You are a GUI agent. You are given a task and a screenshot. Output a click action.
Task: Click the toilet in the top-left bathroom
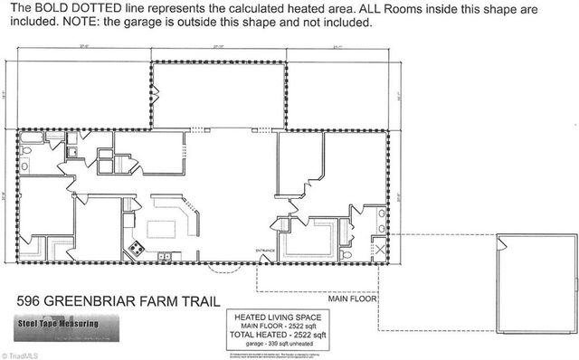click(x=28, y=150)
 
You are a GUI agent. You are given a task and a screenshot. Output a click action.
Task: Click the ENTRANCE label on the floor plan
click(x=266, y=250)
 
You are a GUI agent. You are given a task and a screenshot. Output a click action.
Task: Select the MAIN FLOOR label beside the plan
click(x=352, y=298)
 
